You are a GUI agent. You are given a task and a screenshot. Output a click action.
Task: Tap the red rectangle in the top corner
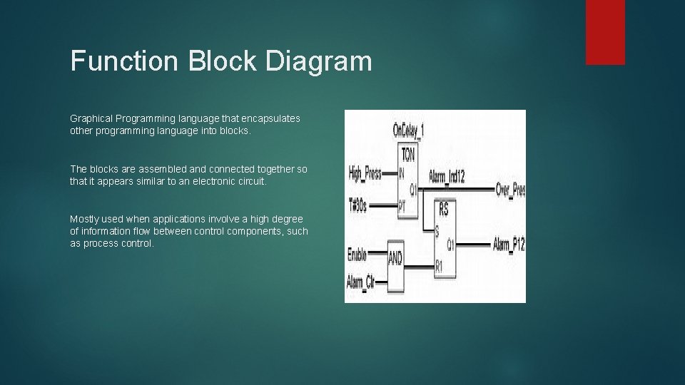click(x=605, y=32)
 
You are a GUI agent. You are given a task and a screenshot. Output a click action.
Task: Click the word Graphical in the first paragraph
click(x=91, y=118)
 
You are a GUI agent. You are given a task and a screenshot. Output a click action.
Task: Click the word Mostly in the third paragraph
click(x=84, y=219)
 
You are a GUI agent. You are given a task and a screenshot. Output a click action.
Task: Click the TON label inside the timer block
click(x=408, y=153)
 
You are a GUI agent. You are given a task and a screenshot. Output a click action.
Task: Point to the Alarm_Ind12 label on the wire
click(x=447, y=176)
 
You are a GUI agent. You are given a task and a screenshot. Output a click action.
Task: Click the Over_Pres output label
click(x=510, y=190)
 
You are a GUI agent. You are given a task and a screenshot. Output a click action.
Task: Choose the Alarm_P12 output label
click(x=509, y=245)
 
